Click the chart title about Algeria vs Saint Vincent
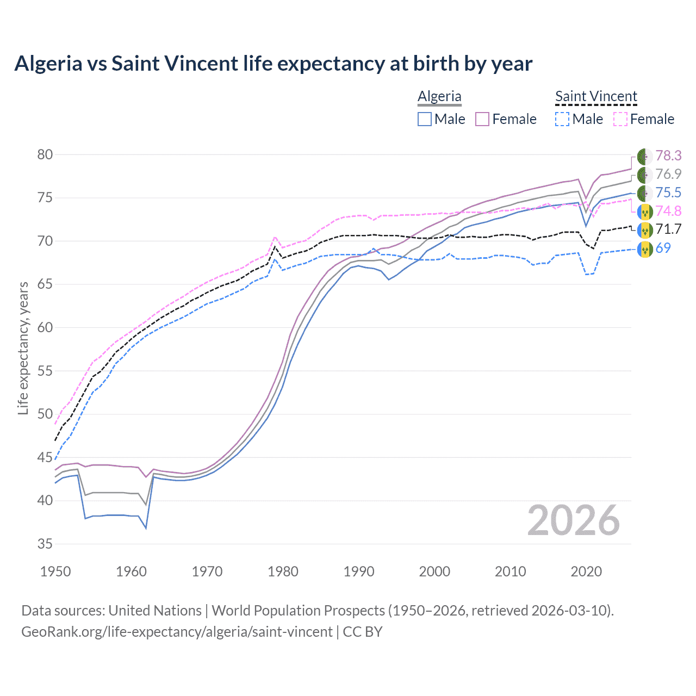click(273, 64)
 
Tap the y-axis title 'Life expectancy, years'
click(23, 348)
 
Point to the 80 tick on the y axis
click(45, 154)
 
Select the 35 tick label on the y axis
click(45, 544)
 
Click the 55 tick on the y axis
click(45, 371)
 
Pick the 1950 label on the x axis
click(55, 571)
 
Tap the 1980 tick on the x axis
click(283, 571)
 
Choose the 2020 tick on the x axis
click(586, 571)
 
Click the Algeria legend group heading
click(439, 96)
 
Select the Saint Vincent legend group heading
click(596, 96)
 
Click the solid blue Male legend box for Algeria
click(425, 119)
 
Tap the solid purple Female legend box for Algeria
click(482, 119)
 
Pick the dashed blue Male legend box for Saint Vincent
click(562, 119)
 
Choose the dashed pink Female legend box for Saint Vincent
click(620, 119)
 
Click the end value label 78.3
click(668, 156)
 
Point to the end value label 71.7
click(668, 229)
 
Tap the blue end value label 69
click(663, 248)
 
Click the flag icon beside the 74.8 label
click(644, 212)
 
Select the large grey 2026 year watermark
click(573, 520)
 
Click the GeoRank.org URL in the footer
click(177, 632)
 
